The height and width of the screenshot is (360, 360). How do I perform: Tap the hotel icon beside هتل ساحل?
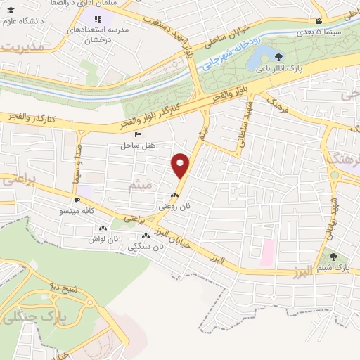(x=137, y=134)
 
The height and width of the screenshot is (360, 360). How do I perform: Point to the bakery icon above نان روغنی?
(x=174, y=195)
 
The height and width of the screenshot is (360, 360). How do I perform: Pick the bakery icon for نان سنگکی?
(x=146, y=237)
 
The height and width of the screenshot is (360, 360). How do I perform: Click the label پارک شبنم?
(x=333, y=269)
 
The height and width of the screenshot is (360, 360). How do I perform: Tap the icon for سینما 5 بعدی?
(x=319, y=21)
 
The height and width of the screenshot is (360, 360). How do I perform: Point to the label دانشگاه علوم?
(x=27, y=21)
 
